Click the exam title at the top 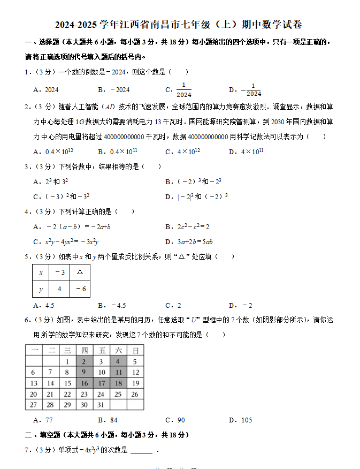tap(179, 25)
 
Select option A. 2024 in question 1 tap(46, 90)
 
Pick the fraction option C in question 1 tap(179, 90)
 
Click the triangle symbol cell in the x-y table tap(80, 272)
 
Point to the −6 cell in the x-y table tap(80, 289)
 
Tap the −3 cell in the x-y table tap(59, 272)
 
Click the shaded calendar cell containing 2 tap(84, 361)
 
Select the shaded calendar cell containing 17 tap(101, 383)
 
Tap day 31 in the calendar tap(101, 405)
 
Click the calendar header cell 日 tap(135, 350)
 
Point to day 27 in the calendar tap(33, 405)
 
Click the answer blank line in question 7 tap(141, 450)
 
